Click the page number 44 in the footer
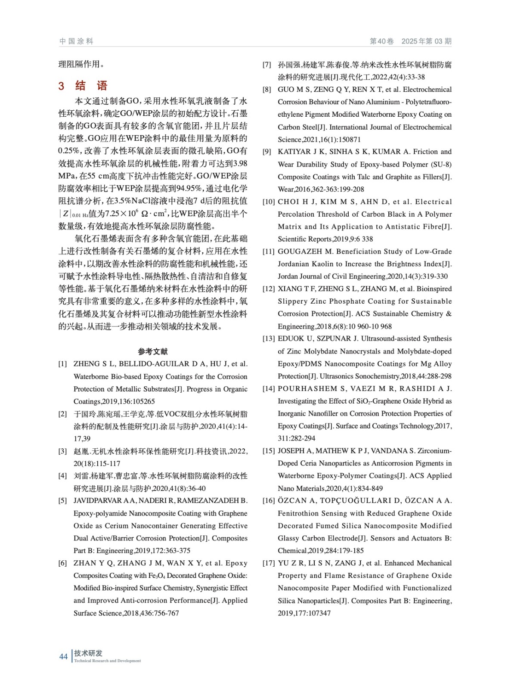click(x=63, y=656)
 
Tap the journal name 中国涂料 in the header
click(x=76, y=41)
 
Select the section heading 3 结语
click(x=83, y=86)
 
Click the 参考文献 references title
click(x=153, y=351)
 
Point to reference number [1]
click(x=63, y=364)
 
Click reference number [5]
click(x=63, y=500)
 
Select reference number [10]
click(x=269, y=202)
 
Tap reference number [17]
click(x=269, y=563)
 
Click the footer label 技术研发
click(x=88, y=653)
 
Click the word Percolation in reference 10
click(x=296, y=214)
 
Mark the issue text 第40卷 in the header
click(x=382, y=41)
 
